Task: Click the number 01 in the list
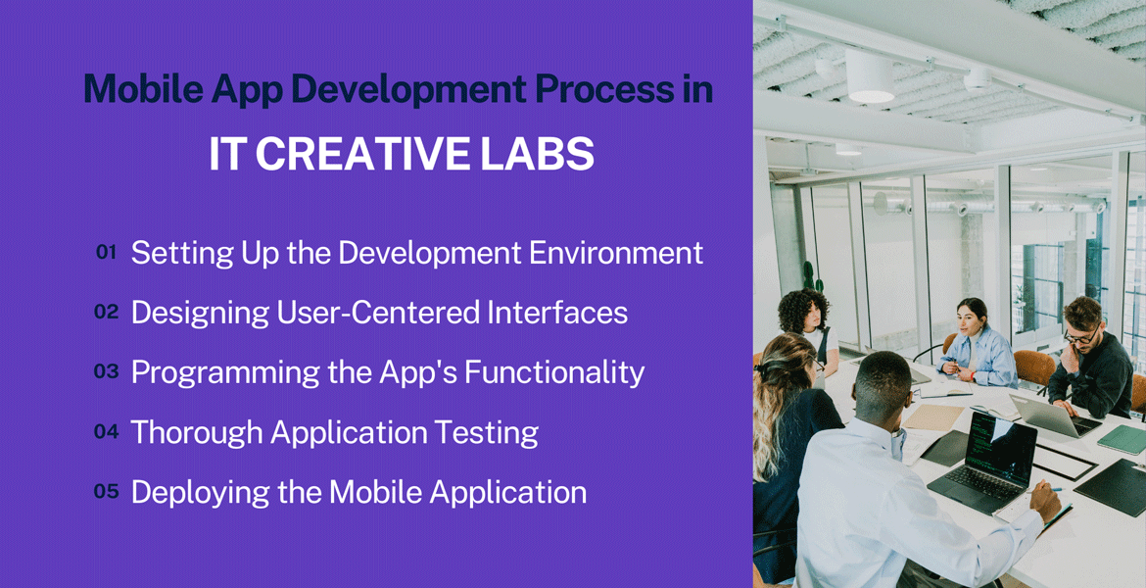(x=106, y=252)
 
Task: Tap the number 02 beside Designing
(x=106, y=313)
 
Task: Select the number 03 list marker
(x=106, y=371)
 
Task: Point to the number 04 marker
(x=106, y=431)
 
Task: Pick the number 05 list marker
(x=106, y=491)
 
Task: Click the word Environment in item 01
(x=616, y=253)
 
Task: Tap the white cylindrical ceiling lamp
(x=870, y=75)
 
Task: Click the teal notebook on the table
(x=1122, y=439)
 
